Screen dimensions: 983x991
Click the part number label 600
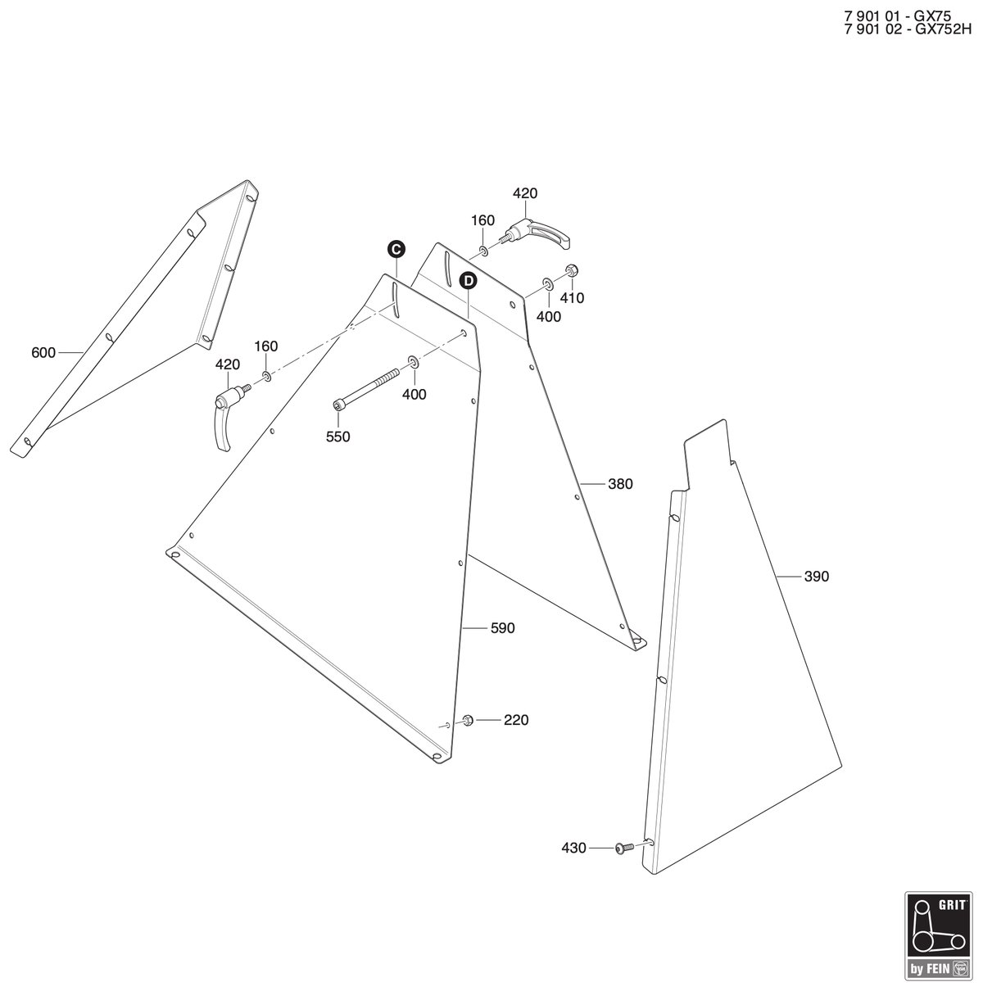[x=43, y=353]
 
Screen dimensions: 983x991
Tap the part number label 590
[x=503, y=628]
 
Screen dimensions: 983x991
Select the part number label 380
[x=620, y=484]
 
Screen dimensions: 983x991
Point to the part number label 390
[x=817, y=577]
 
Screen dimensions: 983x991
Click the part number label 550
[x=338, y=437]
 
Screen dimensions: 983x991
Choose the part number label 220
[x=516, y=720]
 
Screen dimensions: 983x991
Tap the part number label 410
[x=572, y=298]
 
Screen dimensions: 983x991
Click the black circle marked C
[x=396, y=250]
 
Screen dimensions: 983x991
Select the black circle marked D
[x=468, y=281]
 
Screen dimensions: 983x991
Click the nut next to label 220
[x=468, y=720]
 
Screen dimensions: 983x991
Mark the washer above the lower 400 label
[x=413, y=362]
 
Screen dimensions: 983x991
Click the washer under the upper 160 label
[x=483, y=251]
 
